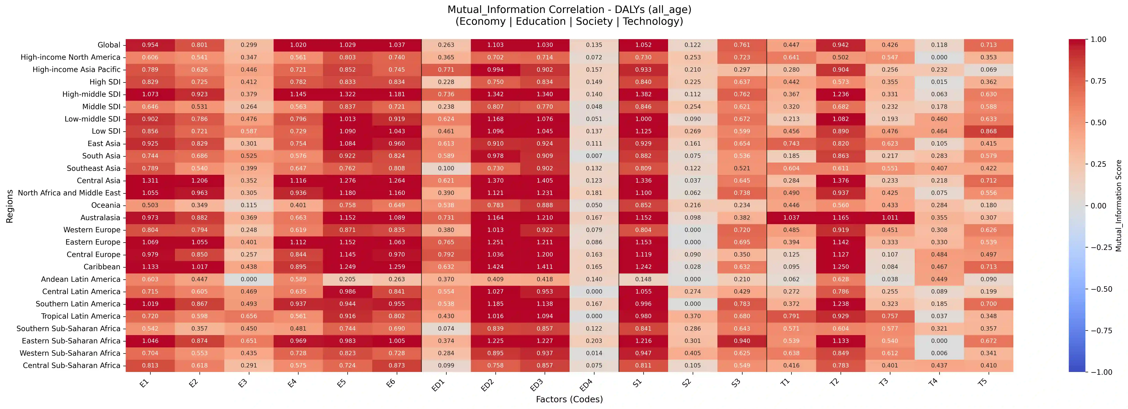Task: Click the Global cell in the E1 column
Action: pyautogui.click(x=150, y=45)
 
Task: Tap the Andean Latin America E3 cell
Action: pyautogui.click(x=249, y=279)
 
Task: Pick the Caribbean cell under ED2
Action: pyautogui.click(x=495, y=267)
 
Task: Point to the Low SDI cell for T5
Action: pyautogui.click(x=988, y=131)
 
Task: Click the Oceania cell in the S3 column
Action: pyautogui.click(x=742, y=205)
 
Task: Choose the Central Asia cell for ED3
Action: pyautogui.click(x=545, y=180)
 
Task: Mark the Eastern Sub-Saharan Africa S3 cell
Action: pyautogui.click(x=742, y=341)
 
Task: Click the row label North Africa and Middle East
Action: pyautogui.click(x=69, y=193)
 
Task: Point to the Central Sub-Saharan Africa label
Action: pyautogui.click(x=71, y=365)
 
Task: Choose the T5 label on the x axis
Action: pyautogui.click(x=982, y=382)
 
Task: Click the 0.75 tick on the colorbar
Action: pyautogui.click(x=1098, y=81)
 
